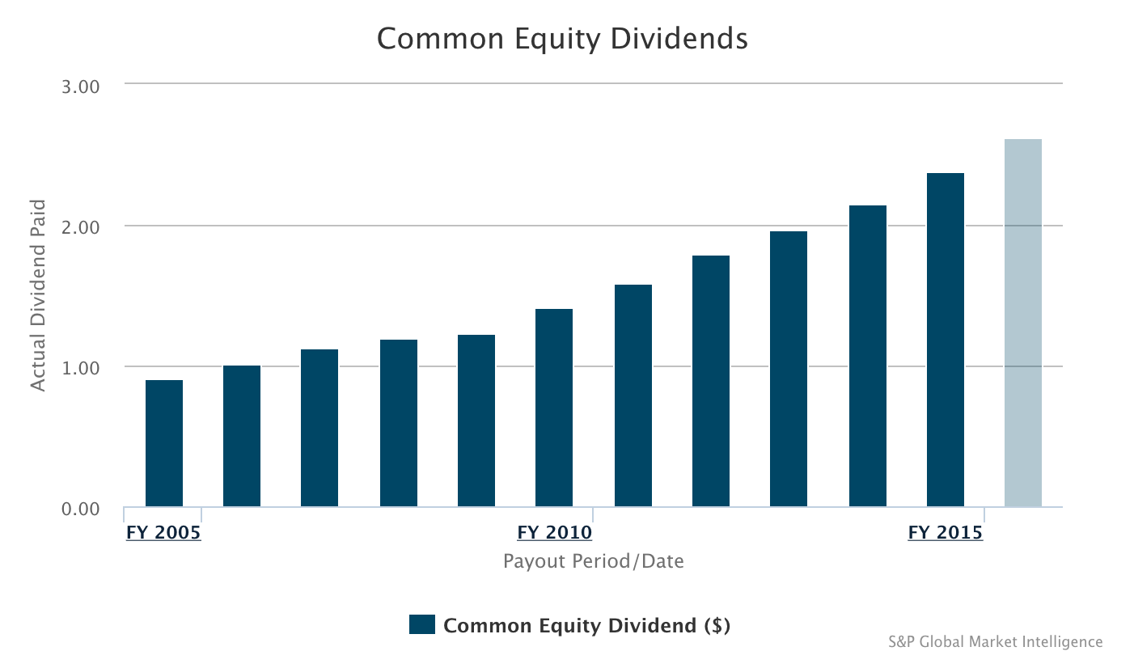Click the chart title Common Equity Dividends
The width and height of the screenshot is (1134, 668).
(562, 39)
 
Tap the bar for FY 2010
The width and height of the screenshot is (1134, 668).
(554, 408)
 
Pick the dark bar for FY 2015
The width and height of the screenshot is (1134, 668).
(946, 340)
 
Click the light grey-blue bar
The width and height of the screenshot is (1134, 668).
(1023, 323)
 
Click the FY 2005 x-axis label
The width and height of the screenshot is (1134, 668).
(163, 533)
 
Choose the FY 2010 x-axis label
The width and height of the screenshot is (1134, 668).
(555, 533)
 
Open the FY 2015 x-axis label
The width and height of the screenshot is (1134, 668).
(946, 533)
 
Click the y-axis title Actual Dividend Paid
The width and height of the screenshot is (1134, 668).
(38, 295)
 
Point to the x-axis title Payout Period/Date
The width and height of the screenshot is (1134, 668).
(593, 560)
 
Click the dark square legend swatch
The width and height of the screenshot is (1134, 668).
(422, 624)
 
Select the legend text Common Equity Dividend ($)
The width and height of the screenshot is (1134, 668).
(587, 625)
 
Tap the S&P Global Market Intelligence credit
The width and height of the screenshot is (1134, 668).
(995, 641)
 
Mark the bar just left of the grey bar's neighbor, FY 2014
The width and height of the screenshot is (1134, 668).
(868, 356)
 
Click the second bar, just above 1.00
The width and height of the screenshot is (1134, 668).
(242, 437)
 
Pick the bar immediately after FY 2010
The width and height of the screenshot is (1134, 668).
(633, 395)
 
